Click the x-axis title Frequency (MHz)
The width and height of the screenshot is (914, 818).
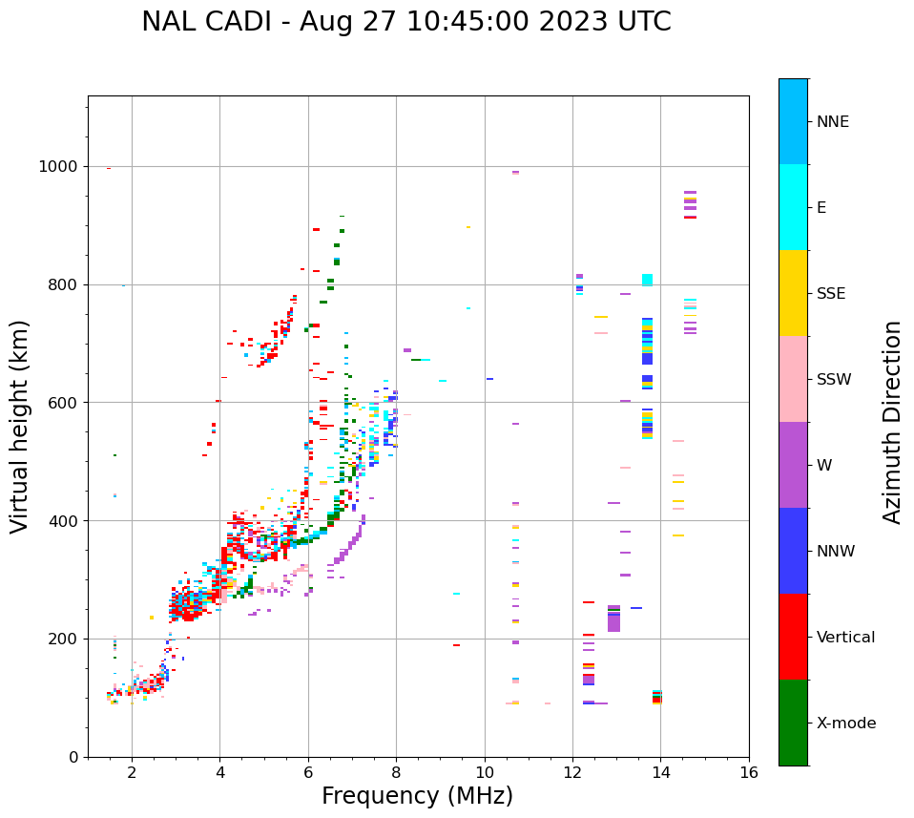tap(417, 796)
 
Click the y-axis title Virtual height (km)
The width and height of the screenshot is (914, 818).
tap(20, 427)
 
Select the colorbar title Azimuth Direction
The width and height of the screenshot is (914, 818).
tap(892, 422)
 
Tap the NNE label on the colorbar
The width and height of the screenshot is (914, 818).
tap(832, 122)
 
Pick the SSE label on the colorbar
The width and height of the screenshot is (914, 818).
tap(830, 294)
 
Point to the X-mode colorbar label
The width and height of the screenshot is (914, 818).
tap(845, 724)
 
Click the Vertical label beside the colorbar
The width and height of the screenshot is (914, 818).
tap(845, 638)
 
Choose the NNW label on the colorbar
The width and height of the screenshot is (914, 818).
tap(835, 552)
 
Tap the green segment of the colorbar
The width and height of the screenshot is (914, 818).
tap(793, 723)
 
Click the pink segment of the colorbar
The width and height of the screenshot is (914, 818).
tap(793, 379)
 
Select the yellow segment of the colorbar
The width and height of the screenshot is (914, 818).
tap(793, 293)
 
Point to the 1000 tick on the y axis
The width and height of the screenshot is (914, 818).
tap(59, 167)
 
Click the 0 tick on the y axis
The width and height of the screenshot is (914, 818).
tap(73, 757)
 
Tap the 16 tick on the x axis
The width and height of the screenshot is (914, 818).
tap(749, 772)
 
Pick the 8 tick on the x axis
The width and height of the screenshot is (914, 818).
tap(396, 772)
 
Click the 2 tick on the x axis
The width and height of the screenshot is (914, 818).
tap(132, 772)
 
